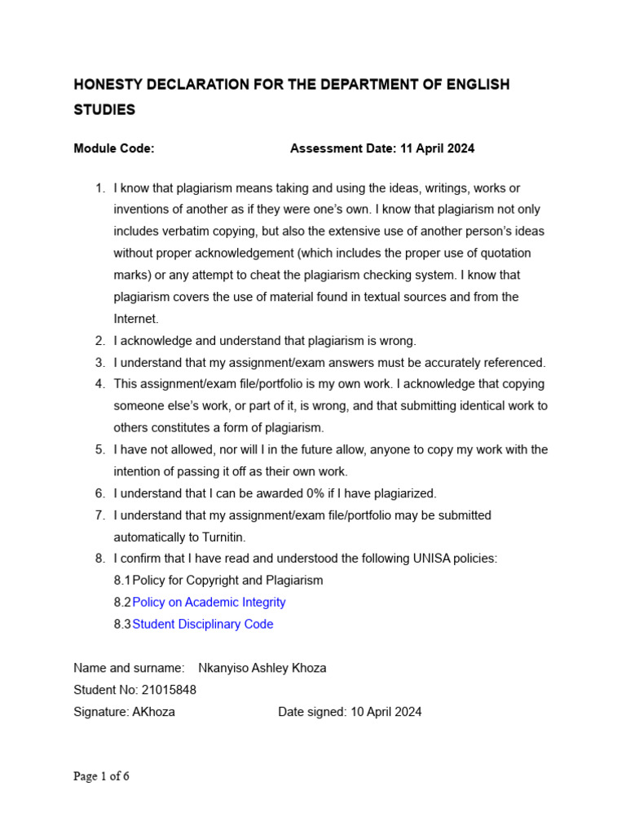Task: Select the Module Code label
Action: click(114, 148)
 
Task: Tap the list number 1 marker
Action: click(99, 188)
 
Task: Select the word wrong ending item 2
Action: click(398, 341)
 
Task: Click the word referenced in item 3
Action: click(514, 363)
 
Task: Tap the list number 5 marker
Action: click(99, 450)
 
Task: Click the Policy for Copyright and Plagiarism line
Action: click(227, 581)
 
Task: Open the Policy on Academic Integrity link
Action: click(209, 603)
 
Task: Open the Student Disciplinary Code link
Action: click(203, 625)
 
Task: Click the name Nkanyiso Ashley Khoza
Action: click(262, 668)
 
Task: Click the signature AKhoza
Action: click(153, 712)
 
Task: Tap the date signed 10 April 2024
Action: click(386, 712)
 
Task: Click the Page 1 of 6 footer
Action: click(101, 776)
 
